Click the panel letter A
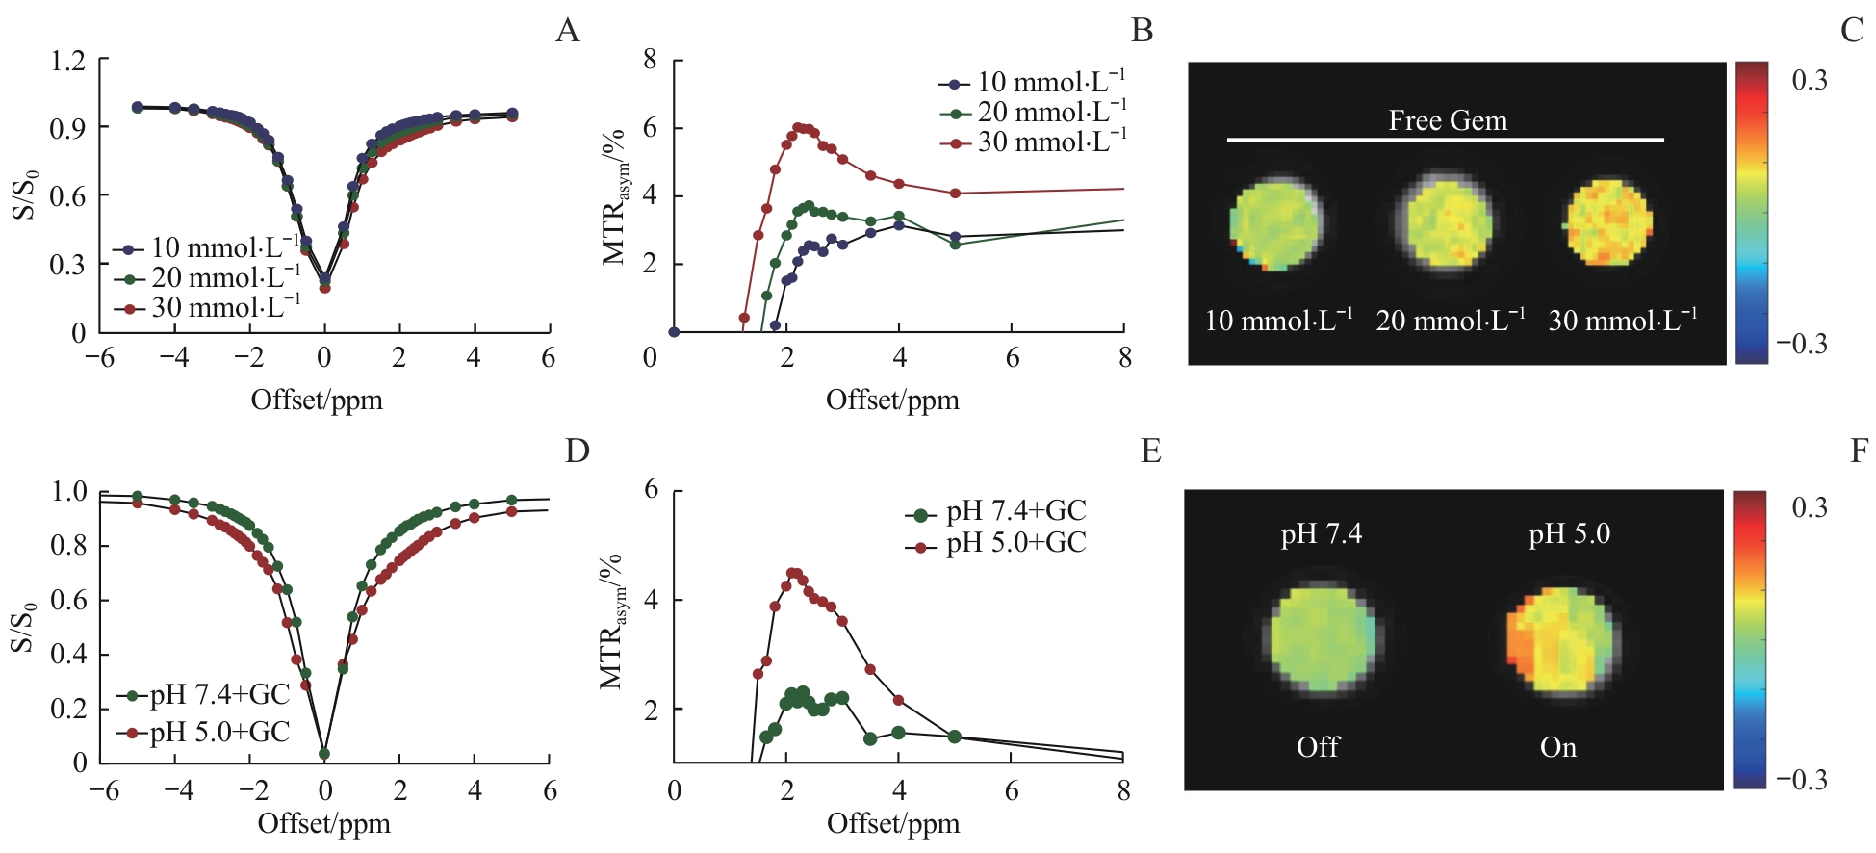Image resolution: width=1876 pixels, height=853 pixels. [568, 31]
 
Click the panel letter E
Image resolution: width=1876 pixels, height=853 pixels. [1151, 451]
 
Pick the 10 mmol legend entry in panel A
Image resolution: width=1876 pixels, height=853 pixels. [206, 248]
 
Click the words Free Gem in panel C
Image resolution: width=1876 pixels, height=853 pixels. [1448, 120]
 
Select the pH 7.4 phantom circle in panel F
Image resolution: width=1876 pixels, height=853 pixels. [1323, 638]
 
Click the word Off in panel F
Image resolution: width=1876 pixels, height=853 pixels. [1318, 747]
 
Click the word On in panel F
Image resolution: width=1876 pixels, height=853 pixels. [1558, 747]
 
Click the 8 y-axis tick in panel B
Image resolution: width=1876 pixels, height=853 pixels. [651, 60]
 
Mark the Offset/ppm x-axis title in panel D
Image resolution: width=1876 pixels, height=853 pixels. [324, 824]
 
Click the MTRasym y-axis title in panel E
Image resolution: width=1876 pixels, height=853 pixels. [612, 621]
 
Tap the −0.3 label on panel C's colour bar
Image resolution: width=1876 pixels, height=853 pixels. [1802, 344]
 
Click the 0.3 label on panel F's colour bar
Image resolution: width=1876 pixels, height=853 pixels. [1809, 507]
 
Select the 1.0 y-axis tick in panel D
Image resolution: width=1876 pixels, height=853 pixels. [69, 492]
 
